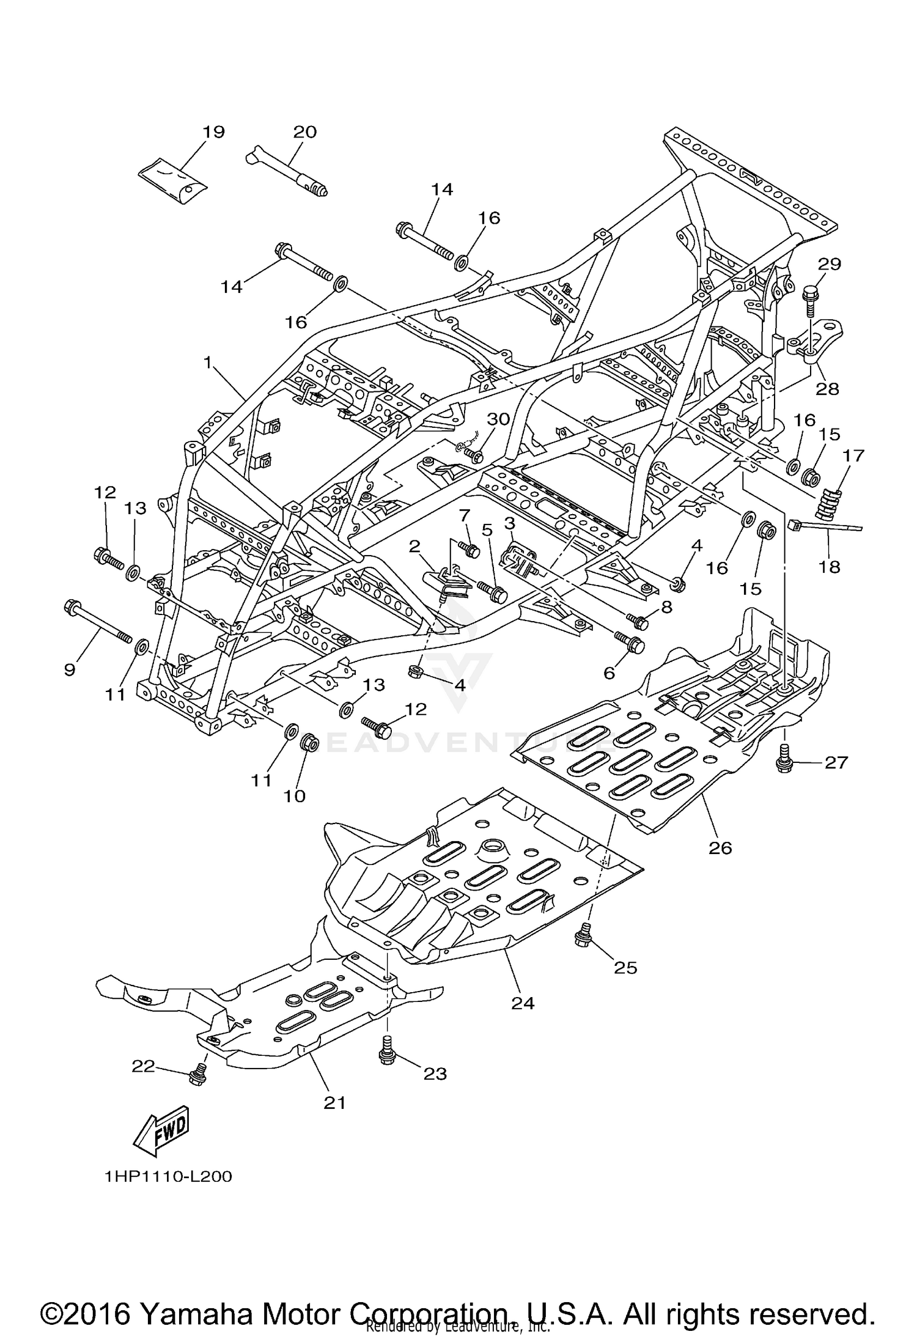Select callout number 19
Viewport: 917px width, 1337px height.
(x=214, y=131)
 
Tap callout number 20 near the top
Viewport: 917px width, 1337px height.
(x=305, y=131)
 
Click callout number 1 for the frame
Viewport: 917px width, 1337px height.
(x=208, y=363)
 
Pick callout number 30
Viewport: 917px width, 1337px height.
(x=498, y=419)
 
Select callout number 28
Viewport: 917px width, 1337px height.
(x=827, y=389)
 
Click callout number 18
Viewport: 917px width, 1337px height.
(x=830, y=567)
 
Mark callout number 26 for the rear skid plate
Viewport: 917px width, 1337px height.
(x=720, y=847)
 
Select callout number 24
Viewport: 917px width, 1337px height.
(x=524, y=1003)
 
